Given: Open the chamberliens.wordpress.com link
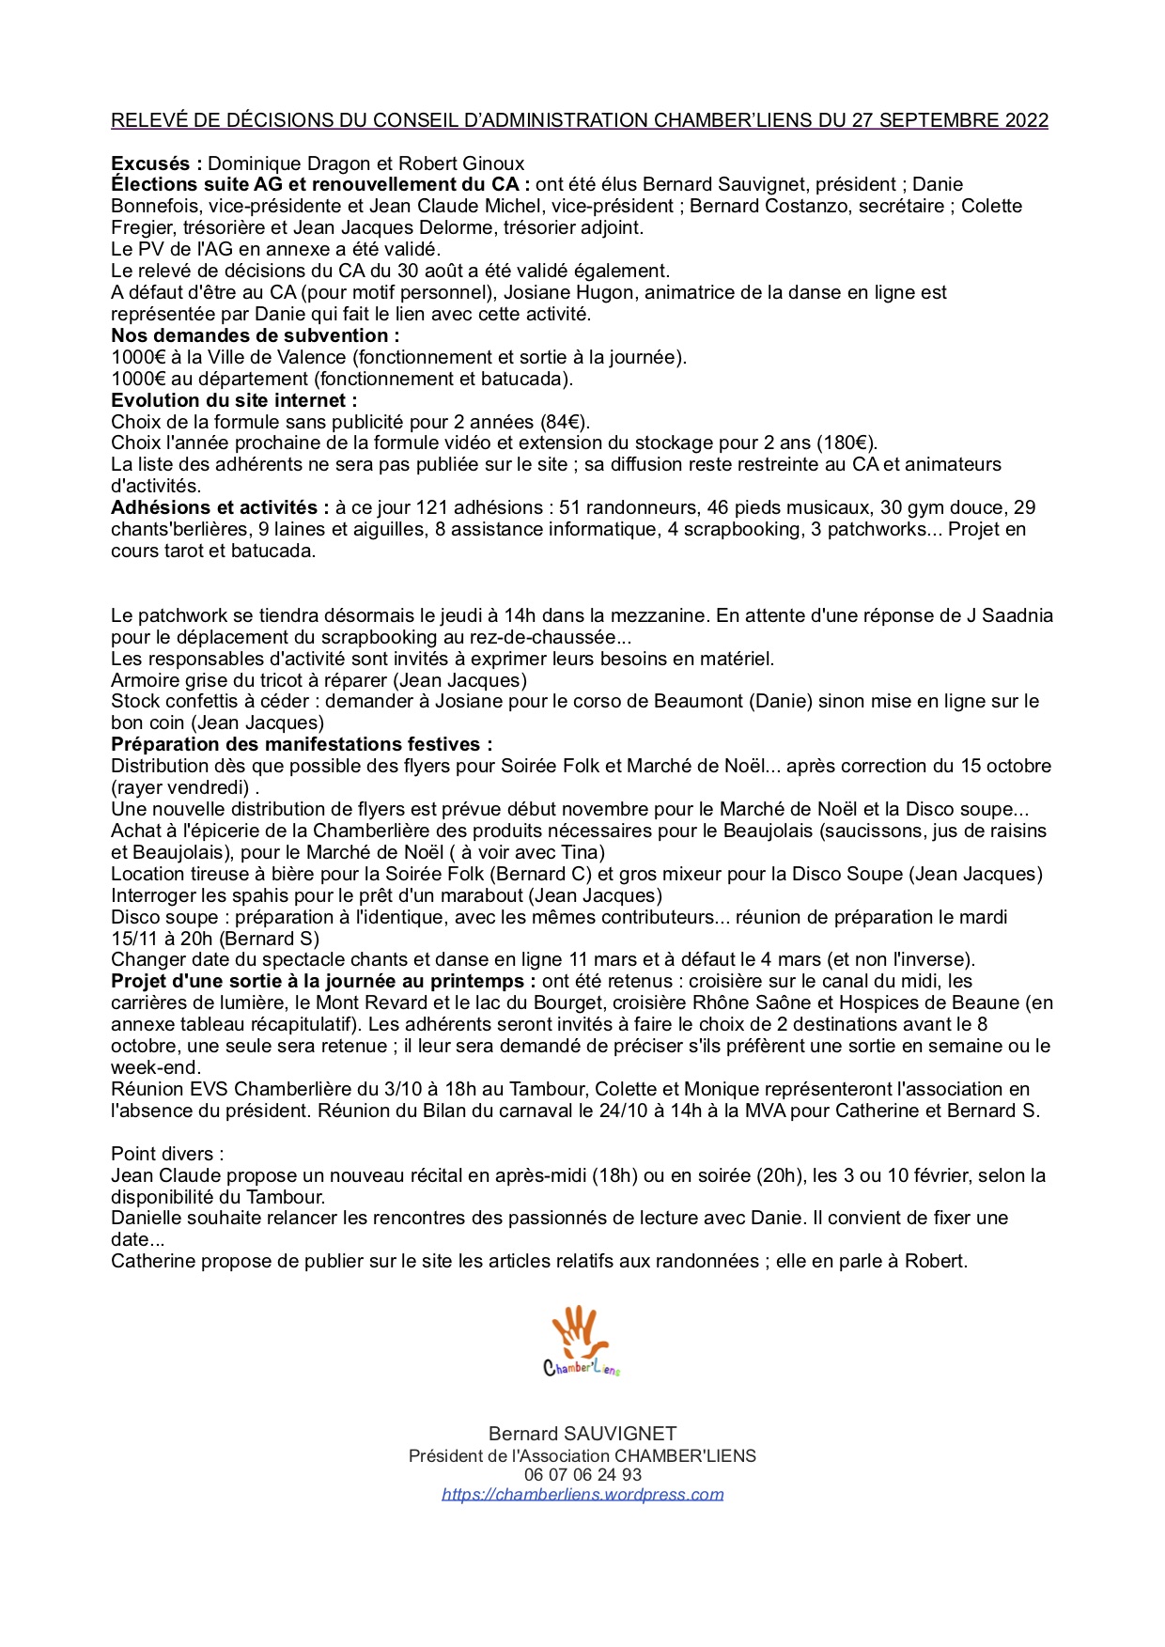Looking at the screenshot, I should tap(582, 1494).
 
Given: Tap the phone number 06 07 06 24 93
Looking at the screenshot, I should tap(582, 1474).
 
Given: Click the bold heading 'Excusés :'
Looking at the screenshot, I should tap(156, 163).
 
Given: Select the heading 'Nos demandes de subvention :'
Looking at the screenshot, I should tap(255, 335).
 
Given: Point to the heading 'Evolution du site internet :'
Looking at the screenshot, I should tap(234, 400).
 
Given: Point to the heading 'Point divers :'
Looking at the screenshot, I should tap(167, 1154).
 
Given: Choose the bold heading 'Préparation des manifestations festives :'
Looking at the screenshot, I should tap(302, 744).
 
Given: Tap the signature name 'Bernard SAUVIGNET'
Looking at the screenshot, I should tap(582, 1434).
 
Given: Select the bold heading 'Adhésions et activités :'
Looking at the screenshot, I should tap(220, 508).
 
